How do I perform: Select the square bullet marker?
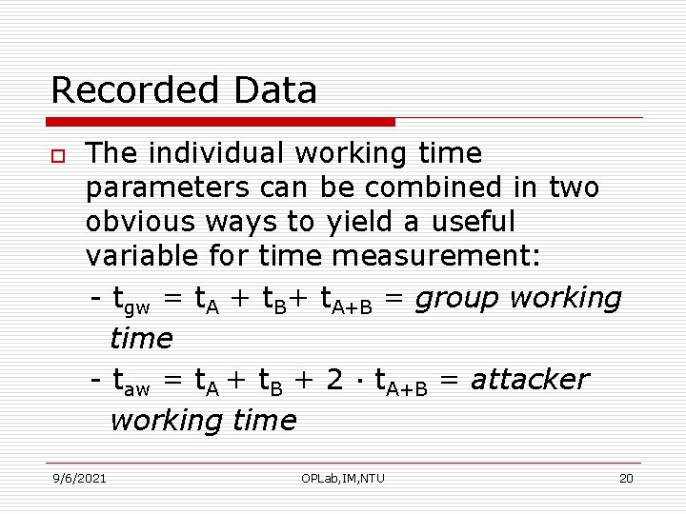58,155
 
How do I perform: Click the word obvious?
140,222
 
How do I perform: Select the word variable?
137,256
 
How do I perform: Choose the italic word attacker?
529,380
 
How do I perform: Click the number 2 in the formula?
334,380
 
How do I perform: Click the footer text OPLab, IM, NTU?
343,478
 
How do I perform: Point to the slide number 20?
626,478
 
